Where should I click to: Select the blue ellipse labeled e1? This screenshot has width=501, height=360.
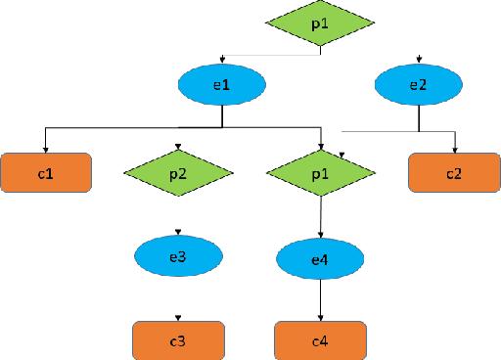222,85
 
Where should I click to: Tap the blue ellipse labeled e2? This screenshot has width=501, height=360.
419,85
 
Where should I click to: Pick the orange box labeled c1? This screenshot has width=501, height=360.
46,173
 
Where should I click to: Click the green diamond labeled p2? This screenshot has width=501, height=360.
178,173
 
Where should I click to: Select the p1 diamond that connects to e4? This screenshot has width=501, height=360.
321,173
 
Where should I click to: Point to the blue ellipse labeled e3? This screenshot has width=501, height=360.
178,256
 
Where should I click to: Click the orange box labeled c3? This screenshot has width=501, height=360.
178,339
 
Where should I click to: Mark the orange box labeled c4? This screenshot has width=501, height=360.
321,339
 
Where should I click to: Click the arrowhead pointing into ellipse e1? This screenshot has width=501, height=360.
223,61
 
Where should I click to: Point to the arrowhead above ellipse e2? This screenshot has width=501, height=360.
419,61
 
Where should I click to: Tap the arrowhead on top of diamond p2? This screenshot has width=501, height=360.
178,149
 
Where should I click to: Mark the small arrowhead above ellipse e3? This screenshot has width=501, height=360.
178,232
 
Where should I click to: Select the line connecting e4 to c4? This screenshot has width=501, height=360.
321,298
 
